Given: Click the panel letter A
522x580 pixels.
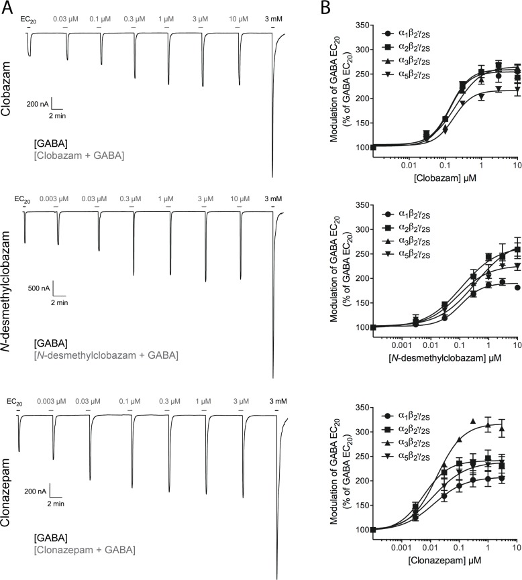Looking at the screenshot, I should [x=7, y=9].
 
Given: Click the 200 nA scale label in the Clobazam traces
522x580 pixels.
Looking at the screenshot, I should [x=38, y=104].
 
